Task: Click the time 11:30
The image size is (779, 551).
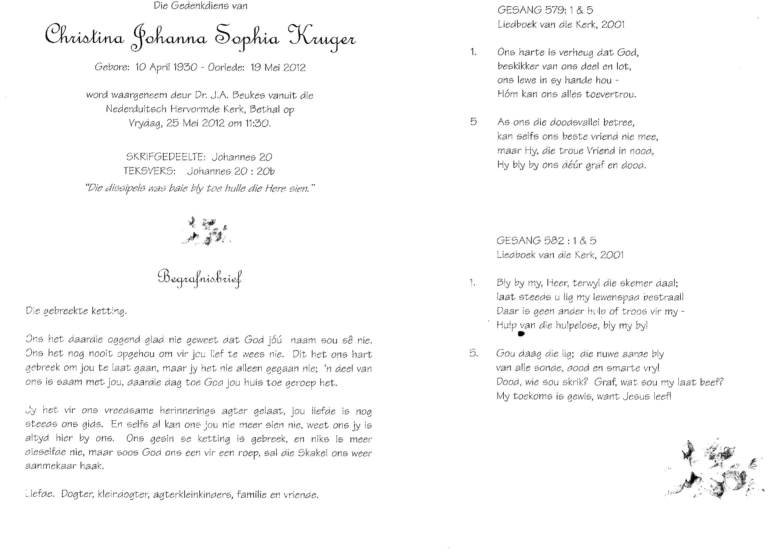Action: [257, 123]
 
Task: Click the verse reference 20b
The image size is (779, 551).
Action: [265, 171]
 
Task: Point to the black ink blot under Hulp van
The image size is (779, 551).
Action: [521, 334]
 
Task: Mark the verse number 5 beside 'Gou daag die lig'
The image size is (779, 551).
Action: [474, 353]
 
